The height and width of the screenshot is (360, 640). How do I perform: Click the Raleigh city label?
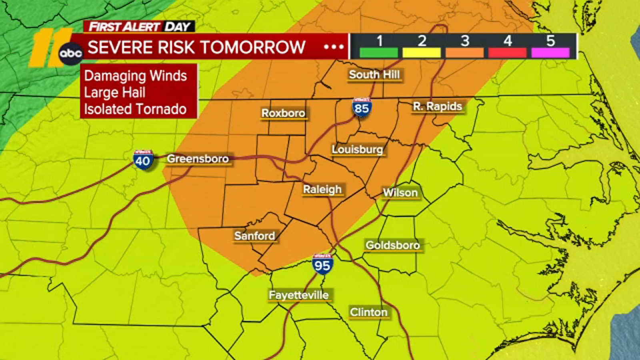tap(322, 189)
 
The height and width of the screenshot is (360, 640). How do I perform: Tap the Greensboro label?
tap(198, 159)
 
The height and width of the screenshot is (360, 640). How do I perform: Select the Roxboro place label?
tap(283, 113)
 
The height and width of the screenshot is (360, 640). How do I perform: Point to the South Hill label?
tap(374, 74)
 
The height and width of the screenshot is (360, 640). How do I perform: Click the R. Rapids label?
tap(437, 106)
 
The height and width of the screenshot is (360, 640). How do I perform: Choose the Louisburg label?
tap(357, 150)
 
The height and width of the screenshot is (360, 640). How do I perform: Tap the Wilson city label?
tap(400, 193)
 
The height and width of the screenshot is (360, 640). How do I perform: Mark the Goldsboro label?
tap(392, 245)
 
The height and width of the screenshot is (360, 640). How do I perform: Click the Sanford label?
tap(255, 236)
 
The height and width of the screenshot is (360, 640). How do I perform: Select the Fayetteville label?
tap(299, 295)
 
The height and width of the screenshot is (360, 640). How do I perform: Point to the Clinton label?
tap(368, 312)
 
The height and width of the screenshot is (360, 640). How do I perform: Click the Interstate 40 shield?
tap(143, 160)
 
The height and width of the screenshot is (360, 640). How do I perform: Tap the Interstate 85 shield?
tap(362, 108)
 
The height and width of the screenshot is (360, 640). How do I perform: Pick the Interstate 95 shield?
tap(322, 264)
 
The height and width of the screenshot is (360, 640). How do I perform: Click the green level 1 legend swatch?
tap(379, 52)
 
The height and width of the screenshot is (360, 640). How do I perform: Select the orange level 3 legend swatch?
tap(464, 52)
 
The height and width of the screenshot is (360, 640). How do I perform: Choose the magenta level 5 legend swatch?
tap(550, 52)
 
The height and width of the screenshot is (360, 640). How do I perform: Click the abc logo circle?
tap(71, 53)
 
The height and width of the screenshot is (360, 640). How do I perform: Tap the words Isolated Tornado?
tap(135, 109)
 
